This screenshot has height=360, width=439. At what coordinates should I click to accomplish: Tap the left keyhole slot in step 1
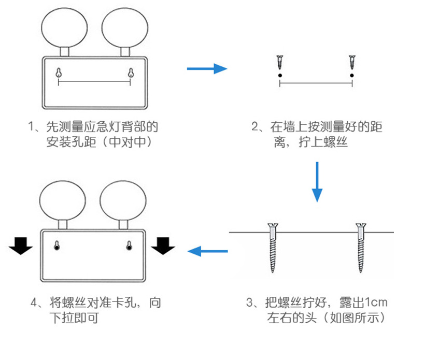click(x=58, y=73)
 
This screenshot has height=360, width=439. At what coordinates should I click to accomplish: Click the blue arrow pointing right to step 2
click(x=207, y=68)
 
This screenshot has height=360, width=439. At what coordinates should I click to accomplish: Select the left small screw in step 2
click(x=279, y=62)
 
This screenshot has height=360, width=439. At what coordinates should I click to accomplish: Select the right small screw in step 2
click(x=352, y=62)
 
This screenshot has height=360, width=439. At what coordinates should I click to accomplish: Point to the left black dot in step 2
click(x=279, y=76)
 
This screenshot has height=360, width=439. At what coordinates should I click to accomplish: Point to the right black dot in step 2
click(x=352, y=76)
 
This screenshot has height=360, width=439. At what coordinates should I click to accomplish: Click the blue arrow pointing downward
click(x=317, y=181)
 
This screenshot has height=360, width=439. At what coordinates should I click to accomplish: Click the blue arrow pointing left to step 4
click(x=207, y=252)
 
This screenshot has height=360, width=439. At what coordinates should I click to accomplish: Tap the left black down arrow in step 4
click(x=21, y=246)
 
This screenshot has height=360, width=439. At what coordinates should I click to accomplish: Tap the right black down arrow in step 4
click(x=163, y=246)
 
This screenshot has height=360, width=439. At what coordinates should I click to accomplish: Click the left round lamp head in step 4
click(x=63, y=200)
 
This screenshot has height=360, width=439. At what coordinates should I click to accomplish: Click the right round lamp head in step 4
click(x=123, y=200)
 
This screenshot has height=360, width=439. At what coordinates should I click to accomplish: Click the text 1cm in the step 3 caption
click(x=375, y=302)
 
